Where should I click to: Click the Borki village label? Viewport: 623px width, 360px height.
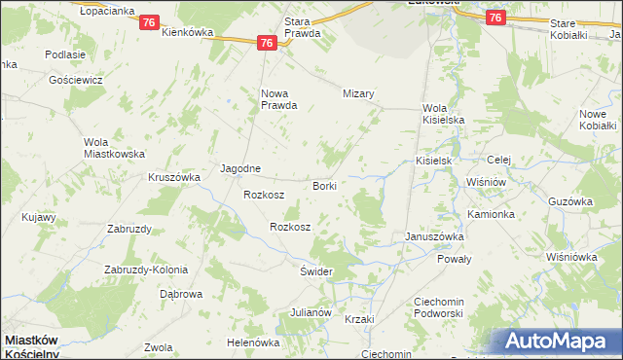324,185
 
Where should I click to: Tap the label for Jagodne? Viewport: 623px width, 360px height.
240,167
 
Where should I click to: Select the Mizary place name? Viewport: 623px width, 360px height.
358,93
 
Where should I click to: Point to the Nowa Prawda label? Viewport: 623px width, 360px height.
277,99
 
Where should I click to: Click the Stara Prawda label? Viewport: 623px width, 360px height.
302,26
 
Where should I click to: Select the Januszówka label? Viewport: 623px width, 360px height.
434,236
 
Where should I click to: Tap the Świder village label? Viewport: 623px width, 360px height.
316,270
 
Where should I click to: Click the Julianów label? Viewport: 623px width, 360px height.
311,312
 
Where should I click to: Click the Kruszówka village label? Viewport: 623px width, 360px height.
173,177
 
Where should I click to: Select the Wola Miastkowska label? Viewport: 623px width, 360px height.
114,148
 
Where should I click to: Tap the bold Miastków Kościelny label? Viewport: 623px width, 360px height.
44,346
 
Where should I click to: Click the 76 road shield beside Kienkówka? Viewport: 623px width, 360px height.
149,22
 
